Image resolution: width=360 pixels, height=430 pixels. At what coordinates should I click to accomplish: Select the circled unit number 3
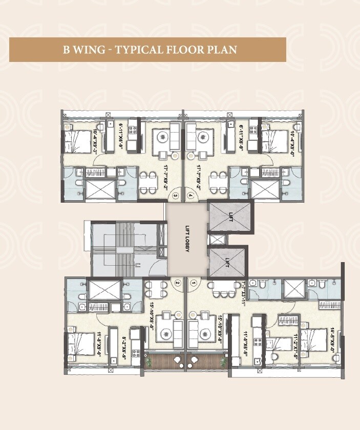tap(176, 195)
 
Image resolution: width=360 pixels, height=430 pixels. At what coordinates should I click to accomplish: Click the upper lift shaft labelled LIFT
tap(230, 218)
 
